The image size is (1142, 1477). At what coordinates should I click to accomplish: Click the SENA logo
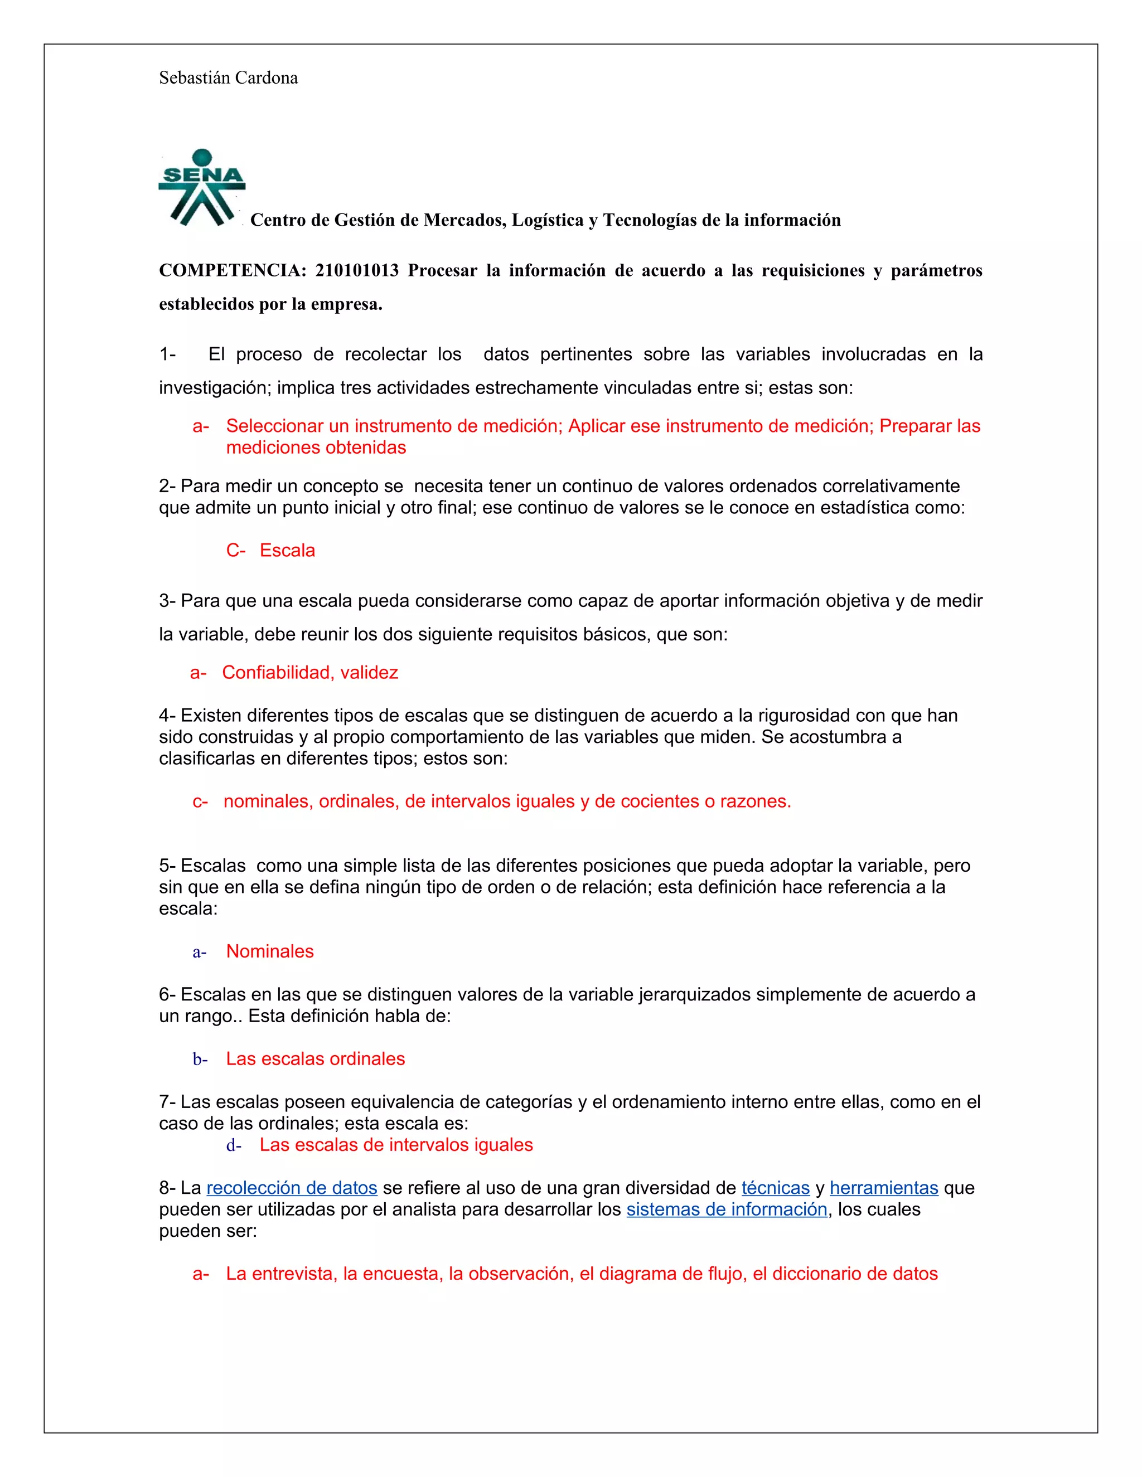(202, 187)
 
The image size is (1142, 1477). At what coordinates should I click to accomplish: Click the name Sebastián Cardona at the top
(228, 78)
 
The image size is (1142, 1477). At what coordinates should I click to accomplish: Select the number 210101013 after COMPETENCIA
(356, 270)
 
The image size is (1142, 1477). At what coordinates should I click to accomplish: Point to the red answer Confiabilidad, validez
(310, 672)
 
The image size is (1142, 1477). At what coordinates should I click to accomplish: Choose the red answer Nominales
(269, 951)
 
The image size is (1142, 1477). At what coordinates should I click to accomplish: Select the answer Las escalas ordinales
(315, 1059)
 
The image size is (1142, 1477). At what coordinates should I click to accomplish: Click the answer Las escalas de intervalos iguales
(396, 1145)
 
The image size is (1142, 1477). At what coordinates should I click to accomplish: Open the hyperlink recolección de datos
(292, 1188)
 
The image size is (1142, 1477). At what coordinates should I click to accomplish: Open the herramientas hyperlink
(884, 1188)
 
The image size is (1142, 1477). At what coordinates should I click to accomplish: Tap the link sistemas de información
(727, 1209)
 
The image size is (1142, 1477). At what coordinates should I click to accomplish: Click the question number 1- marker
(167, 354)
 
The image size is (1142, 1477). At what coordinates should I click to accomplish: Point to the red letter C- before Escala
(235, 551)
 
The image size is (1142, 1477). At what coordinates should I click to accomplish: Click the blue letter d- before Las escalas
(234, 1145)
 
